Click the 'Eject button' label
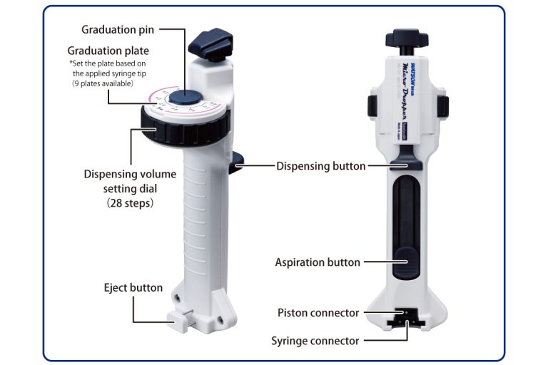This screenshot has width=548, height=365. [x=133, y=288]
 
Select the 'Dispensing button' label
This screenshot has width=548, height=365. [x=320, y=166]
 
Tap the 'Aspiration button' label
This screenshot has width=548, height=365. [x=318, y=262]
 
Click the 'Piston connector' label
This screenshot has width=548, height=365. [x=318, y=313]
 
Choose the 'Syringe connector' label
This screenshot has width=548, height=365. [x=315, y=341]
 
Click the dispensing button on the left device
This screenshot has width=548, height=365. [x=239, y=165]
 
